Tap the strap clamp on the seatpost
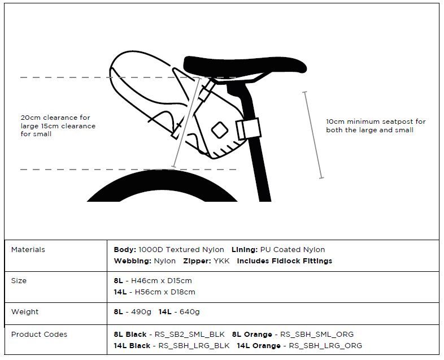[x=248, y=129]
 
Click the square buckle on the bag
[x=218, y=131]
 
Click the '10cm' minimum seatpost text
[x=336, y=122]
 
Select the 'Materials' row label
[x=28, y=249]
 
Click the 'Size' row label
[x=19, y=280]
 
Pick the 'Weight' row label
[x=25, y=311]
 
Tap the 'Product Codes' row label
[x=39, y=334]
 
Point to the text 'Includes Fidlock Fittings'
[x=284, y=261]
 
